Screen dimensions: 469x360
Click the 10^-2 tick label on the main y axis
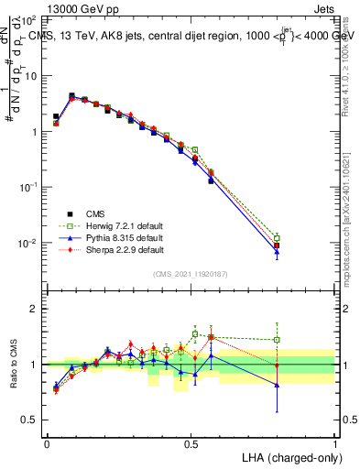click(x=27, y=243)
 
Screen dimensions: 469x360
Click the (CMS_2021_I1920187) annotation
click(x=191, y=274)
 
